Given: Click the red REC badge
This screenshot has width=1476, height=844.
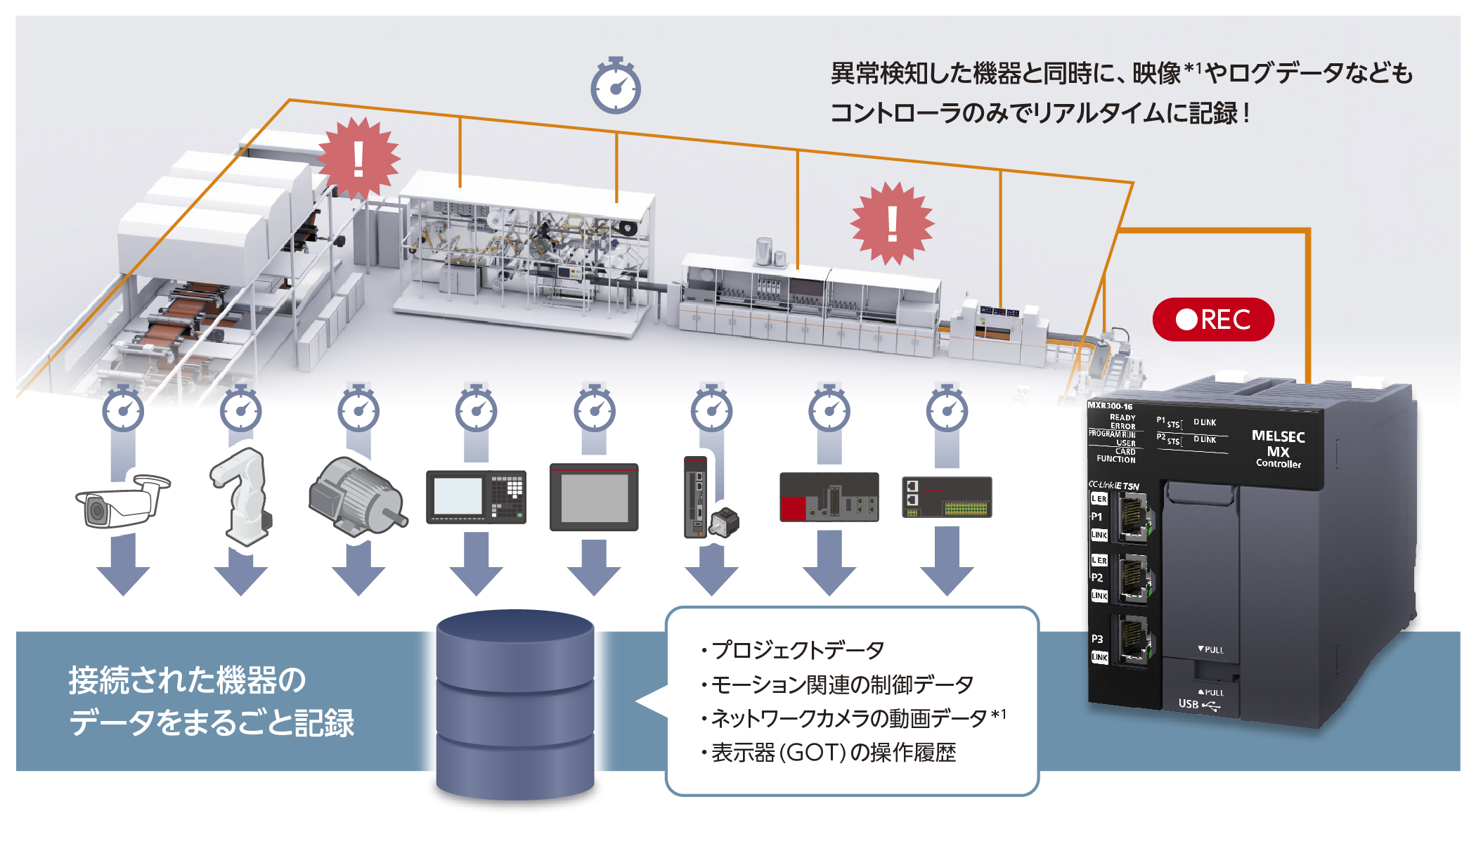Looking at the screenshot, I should click(x=1212, y=320).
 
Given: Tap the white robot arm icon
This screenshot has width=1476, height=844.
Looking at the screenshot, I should click(x=241, y=496).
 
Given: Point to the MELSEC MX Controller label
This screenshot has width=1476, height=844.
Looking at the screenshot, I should click(x=1278, y=448).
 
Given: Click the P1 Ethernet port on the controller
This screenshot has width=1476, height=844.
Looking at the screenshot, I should click(x=1132, y=517).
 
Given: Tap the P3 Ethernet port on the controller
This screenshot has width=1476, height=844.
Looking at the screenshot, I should click(x=1132, y=639).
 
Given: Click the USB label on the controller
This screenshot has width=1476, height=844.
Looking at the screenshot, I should click(x=1189, y=703).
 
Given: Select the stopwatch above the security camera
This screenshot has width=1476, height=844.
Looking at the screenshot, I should click(x=123, y=409).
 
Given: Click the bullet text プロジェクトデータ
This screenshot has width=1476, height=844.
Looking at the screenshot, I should click(x=797, y=650).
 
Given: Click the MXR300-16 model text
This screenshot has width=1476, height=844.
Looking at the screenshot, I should click(x=1110, y=406).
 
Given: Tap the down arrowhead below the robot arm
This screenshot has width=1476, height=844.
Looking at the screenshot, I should click(x=241, y=580).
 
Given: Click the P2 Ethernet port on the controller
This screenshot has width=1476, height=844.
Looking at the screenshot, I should click(x=1132, y=578).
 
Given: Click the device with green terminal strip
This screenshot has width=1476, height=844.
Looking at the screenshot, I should click(x=946, y=498).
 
